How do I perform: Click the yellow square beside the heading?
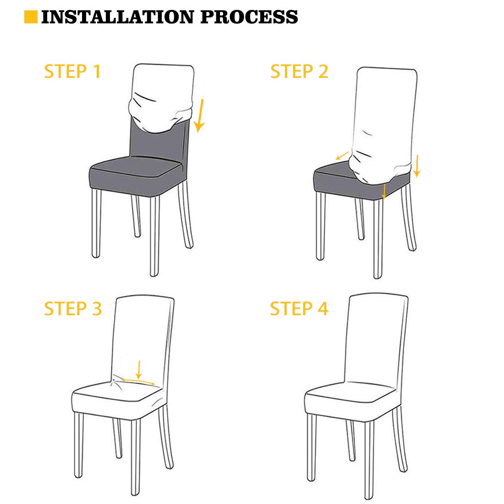pos(31,17)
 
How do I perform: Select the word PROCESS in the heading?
pos(249,17)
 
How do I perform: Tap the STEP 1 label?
pos(73,71)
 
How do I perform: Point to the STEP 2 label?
pos(299,71)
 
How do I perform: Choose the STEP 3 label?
pos(73,308)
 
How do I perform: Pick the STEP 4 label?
pos(299,308)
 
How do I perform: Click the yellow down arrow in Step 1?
pos(200,116)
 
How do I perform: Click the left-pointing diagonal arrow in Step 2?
pos(342,155)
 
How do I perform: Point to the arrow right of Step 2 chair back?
pos(417,166)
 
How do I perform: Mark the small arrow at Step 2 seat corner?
pos(384,191)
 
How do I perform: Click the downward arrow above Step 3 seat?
pos(139,370)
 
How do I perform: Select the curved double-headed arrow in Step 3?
pos(138,381)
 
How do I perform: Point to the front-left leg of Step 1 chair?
pos(96,223)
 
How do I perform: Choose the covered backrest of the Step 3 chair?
pos(143,341)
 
